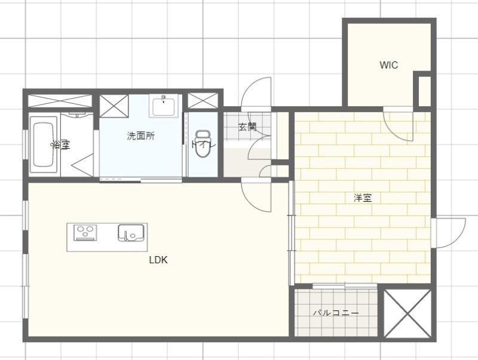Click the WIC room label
coord(388,65)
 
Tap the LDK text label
coord(158,260)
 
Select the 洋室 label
coord(363,198)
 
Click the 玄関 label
coord(247,127)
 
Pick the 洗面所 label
coord(140,136)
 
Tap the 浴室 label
coord(60,144)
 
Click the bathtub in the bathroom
coord(43,144)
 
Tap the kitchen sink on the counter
coord(130,232)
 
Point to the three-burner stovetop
coord(85,232)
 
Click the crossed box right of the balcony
coord(406,313)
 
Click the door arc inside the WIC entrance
coord(397,124)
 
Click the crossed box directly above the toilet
coord(202,100)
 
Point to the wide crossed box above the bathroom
coord(60,100)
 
